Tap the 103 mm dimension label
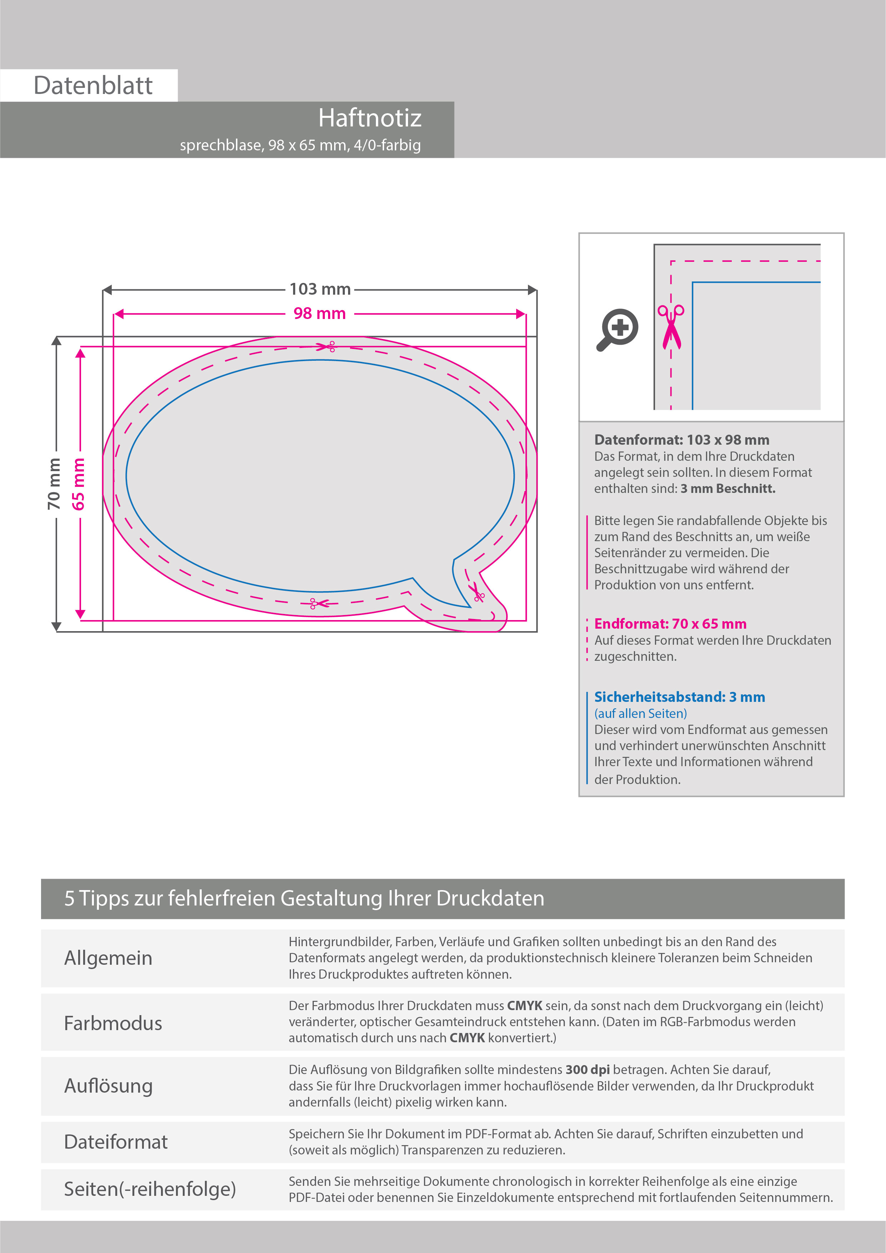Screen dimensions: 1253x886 point(320,289)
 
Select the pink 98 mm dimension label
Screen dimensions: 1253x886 point(320,314)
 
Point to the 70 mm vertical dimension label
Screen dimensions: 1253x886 point(54,484)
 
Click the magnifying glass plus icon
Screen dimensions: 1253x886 point(617,329)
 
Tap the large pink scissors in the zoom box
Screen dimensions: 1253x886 point(671,326)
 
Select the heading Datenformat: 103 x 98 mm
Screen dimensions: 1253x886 point(681,440)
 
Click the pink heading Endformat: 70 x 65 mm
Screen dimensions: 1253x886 point(670,624)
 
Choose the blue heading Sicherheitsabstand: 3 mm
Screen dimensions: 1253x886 point(679,697)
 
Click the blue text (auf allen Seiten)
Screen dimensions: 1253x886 point(640,713)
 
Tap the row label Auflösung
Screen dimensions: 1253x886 point(108,1086)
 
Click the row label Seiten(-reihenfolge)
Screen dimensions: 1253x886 point(150,1189)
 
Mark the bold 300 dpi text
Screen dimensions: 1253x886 point(588,1070)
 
